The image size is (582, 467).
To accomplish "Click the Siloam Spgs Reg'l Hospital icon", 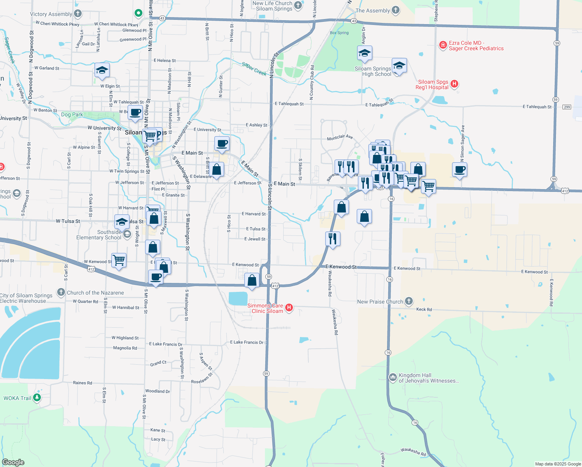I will [x=454, y=84].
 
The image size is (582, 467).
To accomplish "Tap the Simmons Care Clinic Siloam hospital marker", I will [x=289, y=308].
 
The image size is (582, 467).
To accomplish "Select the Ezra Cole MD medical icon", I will [x=443, y=46].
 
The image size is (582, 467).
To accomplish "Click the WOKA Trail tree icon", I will [x=37, y=398].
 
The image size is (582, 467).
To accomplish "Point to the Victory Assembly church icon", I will [x=78, y=14].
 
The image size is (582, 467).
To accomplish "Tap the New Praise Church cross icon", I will [x=408, y=301].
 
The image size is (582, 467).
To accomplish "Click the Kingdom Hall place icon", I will [x=393, y=377].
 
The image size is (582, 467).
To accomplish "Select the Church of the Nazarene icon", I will [x=61, y=292].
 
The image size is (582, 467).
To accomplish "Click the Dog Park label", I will [x=72, y=114].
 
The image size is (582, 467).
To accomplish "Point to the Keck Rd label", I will [x=424, y=309].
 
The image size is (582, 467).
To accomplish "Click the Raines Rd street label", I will [x=82, y=383].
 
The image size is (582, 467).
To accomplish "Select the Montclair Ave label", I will [x=340, y=138].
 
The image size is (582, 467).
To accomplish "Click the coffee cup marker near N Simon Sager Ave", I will [x=459, y=170].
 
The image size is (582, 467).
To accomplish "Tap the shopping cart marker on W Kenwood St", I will [x=119, y=260].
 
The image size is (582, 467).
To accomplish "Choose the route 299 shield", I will [x=566, y=107].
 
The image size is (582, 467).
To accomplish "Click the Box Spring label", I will [x=339, y=33].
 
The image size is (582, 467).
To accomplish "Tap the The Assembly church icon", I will [x=395, y=11].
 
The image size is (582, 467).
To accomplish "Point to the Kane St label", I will [x=158, y=430].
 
